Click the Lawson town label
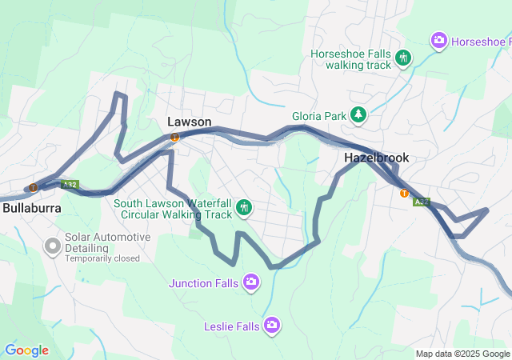190,122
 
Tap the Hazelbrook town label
376,158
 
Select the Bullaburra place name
31,207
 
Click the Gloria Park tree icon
359,116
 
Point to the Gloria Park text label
319,116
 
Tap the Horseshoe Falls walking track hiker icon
404,58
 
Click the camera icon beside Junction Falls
251,281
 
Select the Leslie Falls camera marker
272,324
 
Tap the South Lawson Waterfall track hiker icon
245,209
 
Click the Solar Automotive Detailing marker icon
53,245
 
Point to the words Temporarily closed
102,258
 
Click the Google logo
27,350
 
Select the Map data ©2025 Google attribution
462,354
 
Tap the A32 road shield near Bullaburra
70,184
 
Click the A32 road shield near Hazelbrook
422,202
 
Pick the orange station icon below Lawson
174,137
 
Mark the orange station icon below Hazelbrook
404,192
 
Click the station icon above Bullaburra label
33,188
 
